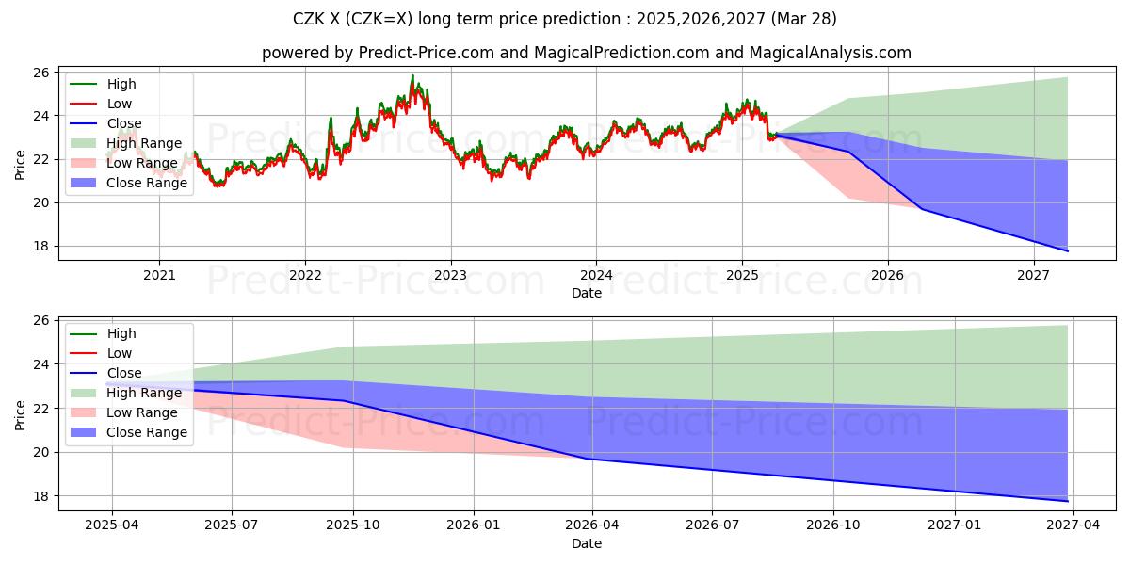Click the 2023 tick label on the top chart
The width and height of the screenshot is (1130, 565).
(450, 275)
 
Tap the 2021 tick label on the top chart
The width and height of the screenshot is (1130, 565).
(159, 275)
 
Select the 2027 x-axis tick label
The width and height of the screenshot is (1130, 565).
(1034, 275)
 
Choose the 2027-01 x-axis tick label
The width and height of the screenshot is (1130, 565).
(956, 525)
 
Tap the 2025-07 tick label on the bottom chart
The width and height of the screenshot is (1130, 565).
(233, 525)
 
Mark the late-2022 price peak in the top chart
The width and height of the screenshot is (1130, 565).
(412, 76)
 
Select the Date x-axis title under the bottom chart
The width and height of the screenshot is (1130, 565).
(587, 543)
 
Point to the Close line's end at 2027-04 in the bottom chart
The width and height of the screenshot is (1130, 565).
(1067, 501)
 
